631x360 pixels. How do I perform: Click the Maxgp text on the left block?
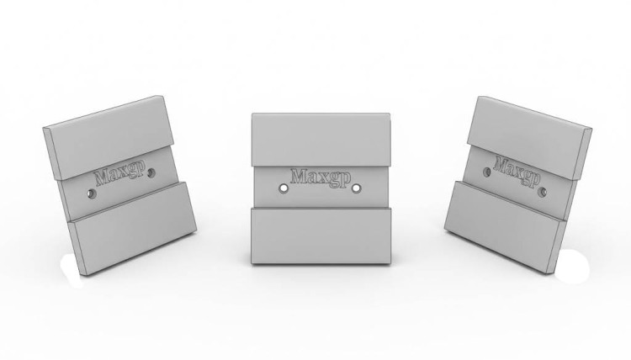click(119, 174)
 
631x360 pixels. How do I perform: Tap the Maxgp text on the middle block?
click(321, 177)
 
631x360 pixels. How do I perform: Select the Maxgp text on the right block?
click(517, 172)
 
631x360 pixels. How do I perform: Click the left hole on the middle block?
click(284, 188)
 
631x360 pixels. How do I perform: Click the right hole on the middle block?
click(357, 188)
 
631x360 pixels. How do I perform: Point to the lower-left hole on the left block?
click(92, 194)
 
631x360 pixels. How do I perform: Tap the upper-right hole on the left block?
click(151, 173)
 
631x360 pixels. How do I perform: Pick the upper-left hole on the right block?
click(486, 172)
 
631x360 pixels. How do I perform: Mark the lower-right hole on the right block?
click(544, 193)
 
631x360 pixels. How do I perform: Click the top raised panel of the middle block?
click(321, 139)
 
